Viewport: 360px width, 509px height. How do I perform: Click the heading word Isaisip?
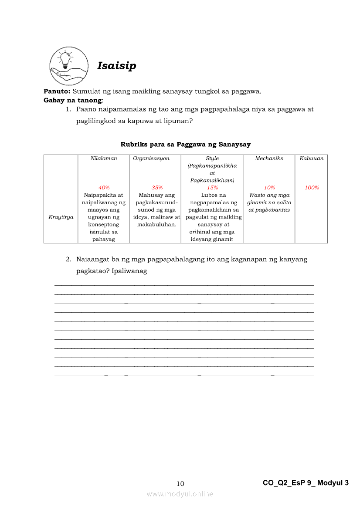click(116, 66)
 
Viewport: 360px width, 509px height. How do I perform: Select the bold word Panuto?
click(57, 91)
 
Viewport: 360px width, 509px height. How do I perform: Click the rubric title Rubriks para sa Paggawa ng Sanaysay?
click(185, 145)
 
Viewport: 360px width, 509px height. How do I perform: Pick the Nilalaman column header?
click(104, 158)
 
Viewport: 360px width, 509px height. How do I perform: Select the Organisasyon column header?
click(151, 158)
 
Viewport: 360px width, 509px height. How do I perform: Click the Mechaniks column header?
click(269, 158)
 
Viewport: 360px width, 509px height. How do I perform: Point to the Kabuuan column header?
click(311, 158)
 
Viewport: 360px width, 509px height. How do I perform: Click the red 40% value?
click(104, 188)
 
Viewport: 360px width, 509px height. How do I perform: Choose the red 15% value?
click(212, 188)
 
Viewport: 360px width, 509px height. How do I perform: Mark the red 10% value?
click(269, 188)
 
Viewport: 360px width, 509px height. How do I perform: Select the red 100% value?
click(312, 188)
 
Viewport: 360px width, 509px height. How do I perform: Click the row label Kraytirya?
click(61, 217)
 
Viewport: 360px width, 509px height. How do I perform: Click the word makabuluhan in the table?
click(156, 225)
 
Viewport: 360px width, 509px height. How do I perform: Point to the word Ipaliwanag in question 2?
click(129, 271)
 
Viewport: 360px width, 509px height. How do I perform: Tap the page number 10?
click(180, 484)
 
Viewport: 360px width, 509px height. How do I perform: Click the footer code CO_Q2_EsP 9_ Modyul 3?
click(306, 483)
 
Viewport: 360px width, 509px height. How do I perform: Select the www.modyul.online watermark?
click(180, 494)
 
